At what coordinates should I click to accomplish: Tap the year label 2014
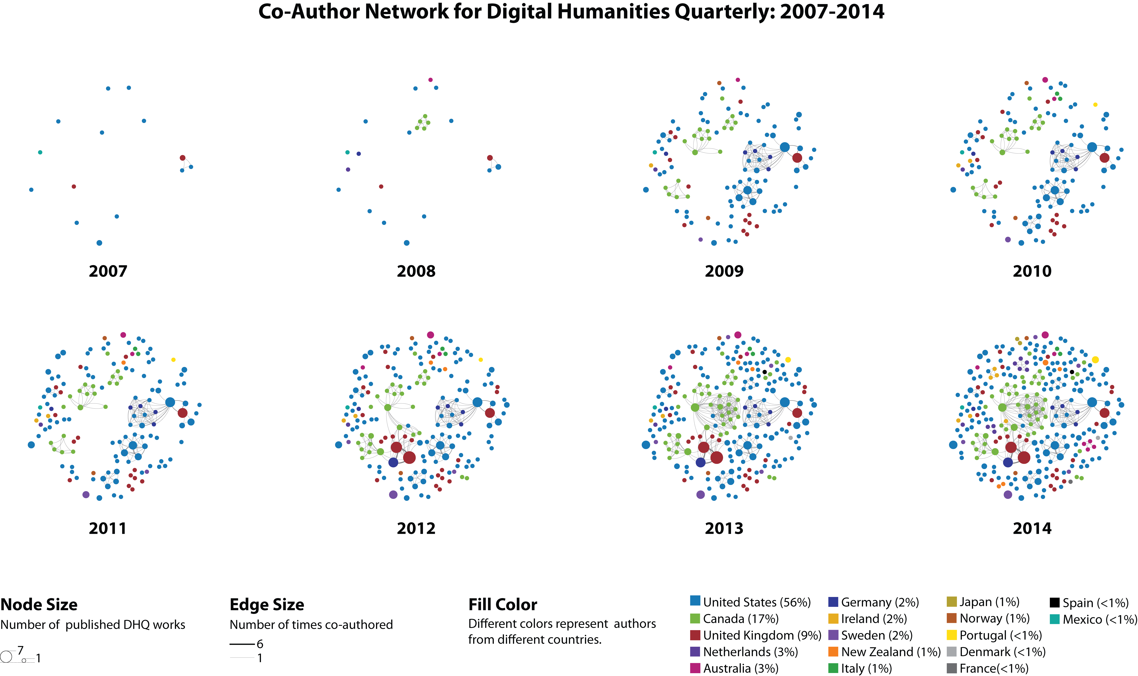pos(1032,528)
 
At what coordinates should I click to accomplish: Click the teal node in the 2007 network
pos(40,152)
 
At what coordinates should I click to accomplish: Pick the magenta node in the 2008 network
pos(430,80)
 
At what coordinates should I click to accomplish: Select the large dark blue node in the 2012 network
pos(393,462)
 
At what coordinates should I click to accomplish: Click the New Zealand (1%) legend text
pos(891,652)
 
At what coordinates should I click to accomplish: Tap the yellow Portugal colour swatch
pos(952,635)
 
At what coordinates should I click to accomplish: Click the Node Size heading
pos(39,605)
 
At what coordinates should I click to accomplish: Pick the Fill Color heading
pos(503,605)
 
